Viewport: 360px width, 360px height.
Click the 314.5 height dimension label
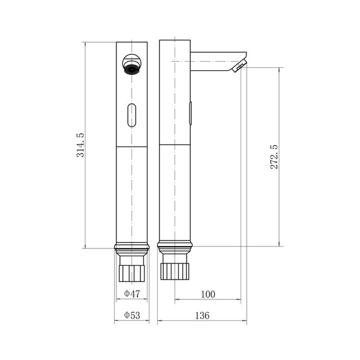(80, 145)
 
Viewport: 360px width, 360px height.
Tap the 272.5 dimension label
(274, 157)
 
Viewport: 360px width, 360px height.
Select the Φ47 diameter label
(132, 293)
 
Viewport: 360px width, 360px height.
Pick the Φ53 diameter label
(132, 315)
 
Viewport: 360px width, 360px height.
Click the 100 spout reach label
(208, 294)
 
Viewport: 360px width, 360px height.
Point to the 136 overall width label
(202, 316)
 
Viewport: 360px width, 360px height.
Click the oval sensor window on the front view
(132, 115)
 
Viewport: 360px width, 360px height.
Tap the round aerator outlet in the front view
(132, 64)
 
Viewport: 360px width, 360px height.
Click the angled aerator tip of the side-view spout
(239, 65)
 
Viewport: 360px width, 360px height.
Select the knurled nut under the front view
(132, 274)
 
